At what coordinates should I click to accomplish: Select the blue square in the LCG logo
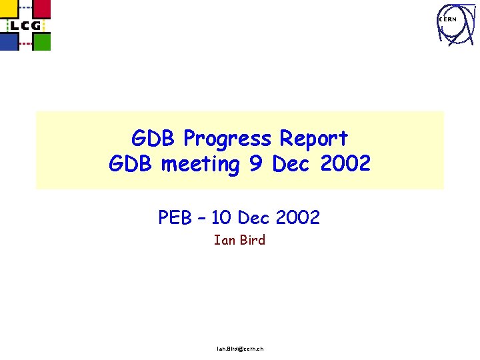click(x=9, y=42)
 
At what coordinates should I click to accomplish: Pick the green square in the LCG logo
click(x=41, y=42)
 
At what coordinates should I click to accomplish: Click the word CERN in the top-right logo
click(x=447, y=20)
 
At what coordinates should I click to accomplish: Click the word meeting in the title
click(x=203, y=164)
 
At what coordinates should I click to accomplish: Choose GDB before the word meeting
click(x=132, y=164)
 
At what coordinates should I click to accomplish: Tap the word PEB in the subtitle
click(x=174, y=217)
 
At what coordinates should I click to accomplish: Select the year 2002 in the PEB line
click(x=297, y=217)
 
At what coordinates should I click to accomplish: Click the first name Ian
click(x=223, y=240)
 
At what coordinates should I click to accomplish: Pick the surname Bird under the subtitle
click(x=251, y=240)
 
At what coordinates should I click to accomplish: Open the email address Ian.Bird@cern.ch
click(x=240, y=349)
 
